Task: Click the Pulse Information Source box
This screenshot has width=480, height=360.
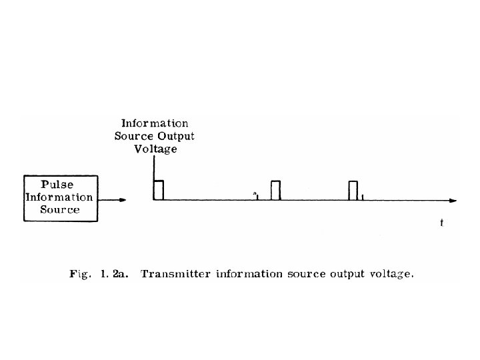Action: pyautogui.click(x=61, y=198)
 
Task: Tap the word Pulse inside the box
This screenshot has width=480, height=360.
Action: pyautogui.click(x=58, y=185)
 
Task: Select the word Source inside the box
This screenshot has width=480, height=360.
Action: pyautogui.click(x=60, y=209)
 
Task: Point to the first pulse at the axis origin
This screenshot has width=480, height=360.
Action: pyautogui.click(x=159, y=190)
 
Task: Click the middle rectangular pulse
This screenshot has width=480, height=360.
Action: pyautogui.click(x=275, y=191)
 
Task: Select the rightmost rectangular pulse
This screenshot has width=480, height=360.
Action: pyautogui.click(x=353, y=191)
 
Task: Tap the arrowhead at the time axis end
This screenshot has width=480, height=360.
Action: pyautogui.click(x=453, y=200)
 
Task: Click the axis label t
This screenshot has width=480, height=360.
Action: pyautogui.click(x=441, y=223)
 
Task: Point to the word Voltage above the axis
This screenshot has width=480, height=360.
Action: pyautogui.click(x=155, y=149)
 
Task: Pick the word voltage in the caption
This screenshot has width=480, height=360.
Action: pyautogui.click(x=391, y=274)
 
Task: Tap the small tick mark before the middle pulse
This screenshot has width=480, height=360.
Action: pyautogui.click(x=257, y=197)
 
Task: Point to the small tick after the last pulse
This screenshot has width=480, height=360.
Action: pyautogui.click(x=362, y=197)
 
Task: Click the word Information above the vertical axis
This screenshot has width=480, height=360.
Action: pyautogui.click(x=155, y=124)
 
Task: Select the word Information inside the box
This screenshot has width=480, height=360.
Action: pyautogui.click(x=59, y=197)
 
